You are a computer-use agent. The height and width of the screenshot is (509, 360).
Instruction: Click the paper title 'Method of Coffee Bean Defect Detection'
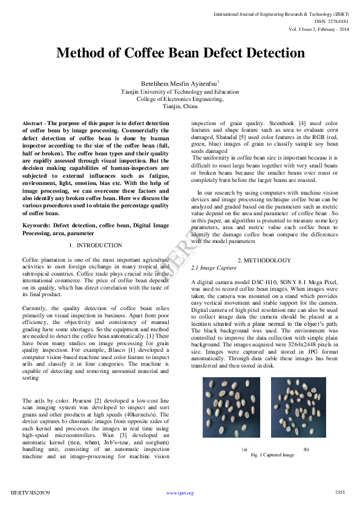180,53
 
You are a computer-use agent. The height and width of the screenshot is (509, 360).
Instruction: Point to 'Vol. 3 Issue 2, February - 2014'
319,28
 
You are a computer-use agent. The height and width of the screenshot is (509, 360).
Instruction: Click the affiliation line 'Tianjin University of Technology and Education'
180,92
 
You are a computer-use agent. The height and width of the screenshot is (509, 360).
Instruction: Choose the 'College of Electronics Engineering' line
180,99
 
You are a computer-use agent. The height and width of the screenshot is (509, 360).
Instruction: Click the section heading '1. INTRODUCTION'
96,245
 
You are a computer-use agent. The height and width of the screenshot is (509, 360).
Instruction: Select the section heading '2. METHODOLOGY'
264,260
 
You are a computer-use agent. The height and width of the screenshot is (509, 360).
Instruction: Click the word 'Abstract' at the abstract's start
32,123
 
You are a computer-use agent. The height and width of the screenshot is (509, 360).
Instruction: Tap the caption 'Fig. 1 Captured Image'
272,455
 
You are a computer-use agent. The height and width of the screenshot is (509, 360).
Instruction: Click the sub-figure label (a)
244,449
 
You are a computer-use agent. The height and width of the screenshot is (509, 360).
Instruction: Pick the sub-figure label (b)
306,449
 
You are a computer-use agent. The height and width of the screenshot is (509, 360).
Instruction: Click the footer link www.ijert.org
180,493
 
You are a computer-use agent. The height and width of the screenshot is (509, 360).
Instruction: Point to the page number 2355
339,492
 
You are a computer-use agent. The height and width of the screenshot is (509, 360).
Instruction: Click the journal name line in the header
281,13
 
